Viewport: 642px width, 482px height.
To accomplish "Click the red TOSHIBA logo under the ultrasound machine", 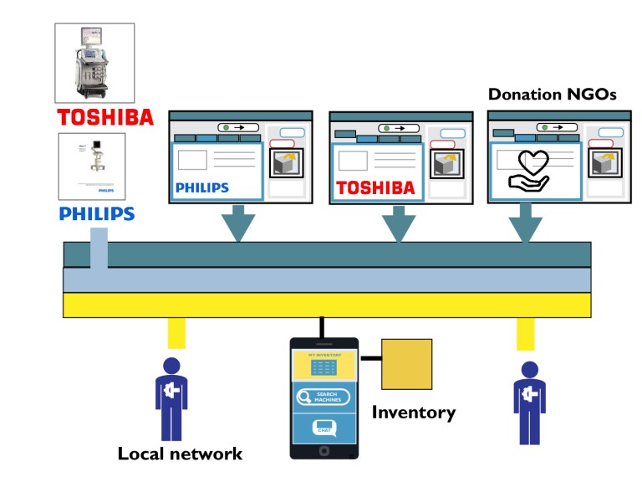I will (104, 116).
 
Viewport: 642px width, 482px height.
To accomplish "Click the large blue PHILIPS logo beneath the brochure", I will (97, 214).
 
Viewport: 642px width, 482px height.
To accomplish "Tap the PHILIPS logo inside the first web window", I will (201, 188).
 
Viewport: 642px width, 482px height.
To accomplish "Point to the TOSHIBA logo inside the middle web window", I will (375, 188).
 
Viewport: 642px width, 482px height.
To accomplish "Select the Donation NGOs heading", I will (552, 95).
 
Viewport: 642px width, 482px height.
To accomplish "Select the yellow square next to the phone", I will (406, 364).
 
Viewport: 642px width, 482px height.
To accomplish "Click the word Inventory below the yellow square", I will (413, 413).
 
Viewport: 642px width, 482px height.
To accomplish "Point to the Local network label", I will (180, 454).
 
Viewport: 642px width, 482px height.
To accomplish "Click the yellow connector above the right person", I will (525, 334).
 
